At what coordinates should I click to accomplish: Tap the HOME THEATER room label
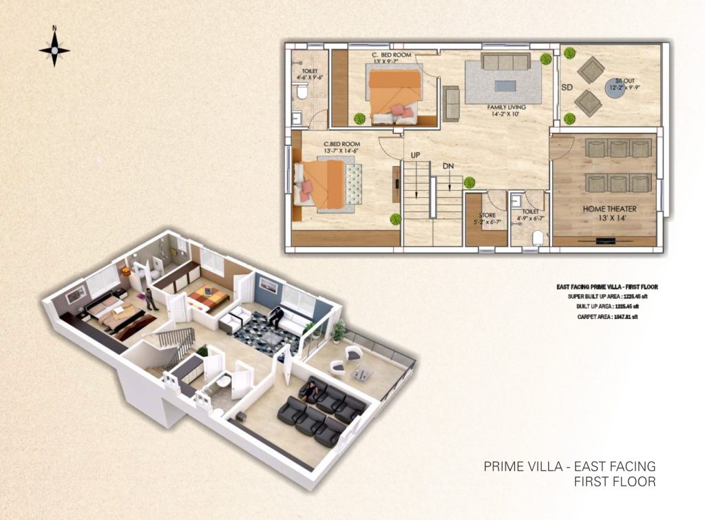coord(609,209)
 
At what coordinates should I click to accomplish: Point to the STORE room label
coord(487,215)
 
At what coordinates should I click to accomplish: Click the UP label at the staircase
coord(414,155)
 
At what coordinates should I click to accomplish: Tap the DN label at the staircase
coord(448,166)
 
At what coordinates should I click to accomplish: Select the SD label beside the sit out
coord(567,87)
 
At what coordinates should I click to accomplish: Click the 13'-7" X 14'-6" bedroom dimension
coord(341,151)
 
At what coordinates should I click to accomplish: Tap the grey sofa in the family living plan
coord(505,62)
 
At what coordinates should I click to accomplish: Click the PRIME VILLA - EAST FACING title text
coord(569,467)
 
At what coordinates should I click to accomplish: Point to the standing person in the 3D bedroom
coord(147,299)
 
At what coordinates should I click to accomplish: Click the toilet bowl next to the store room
coord(538,238)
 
